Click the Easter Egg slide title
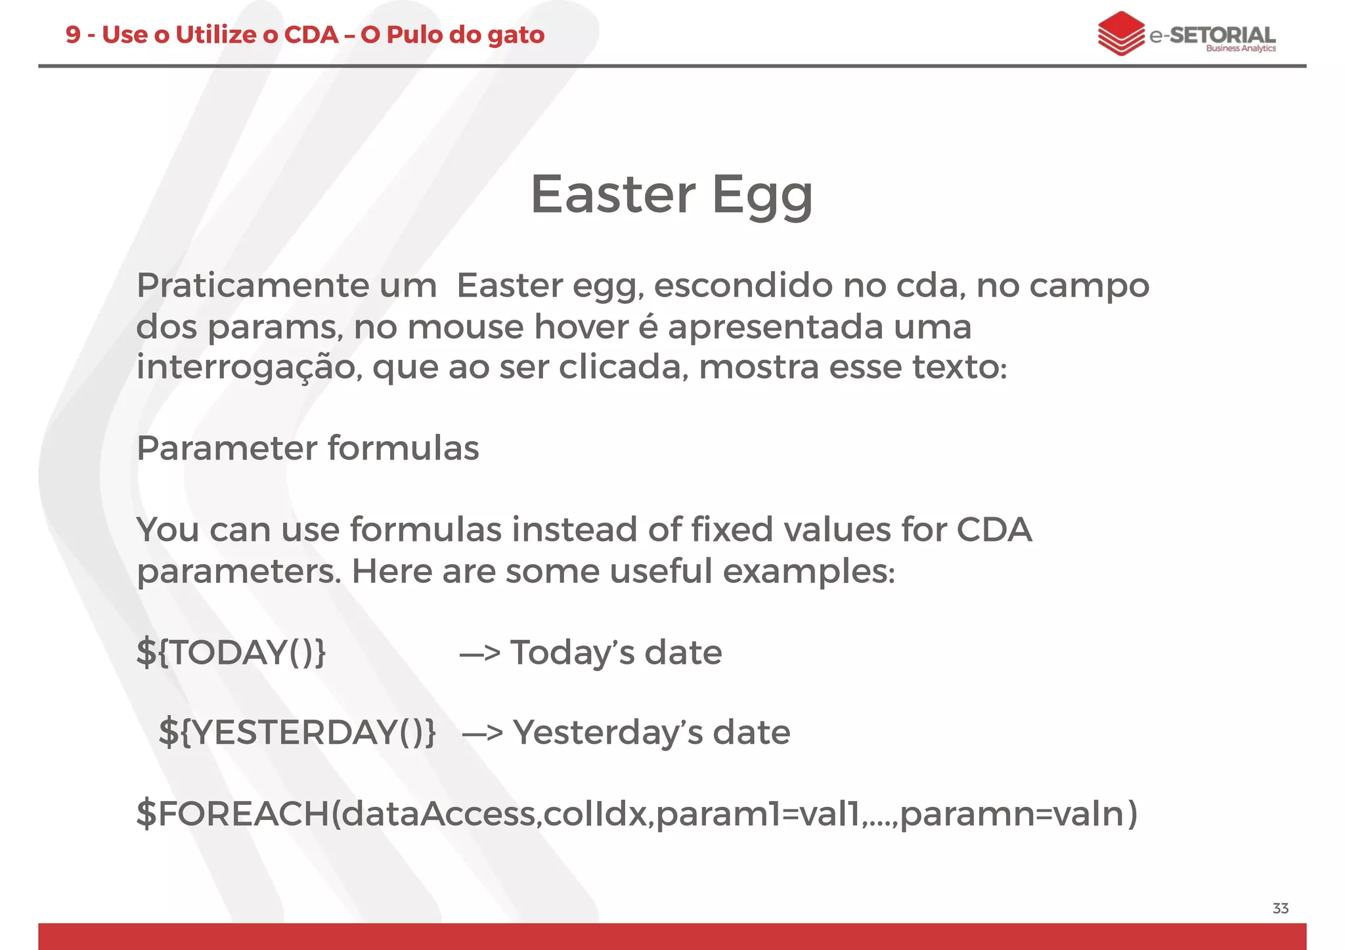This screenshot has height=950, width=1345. pos(671,195)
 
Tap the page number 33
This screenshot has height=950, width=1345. pos(1280,909)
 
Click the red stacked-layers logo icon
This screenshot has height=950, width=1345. pos(1120,33)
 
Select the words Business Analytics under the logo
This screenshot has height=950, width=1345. pos(1240,49)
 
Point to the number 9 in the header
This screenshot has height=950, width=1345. pos(73,35)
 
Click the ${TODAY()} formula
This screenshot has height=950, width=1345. pos(231,653)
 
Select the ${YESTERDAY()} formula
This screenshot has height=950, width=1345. pos(297,733)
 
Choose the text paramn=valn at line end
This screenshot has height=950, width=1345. pos(1018,814)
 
